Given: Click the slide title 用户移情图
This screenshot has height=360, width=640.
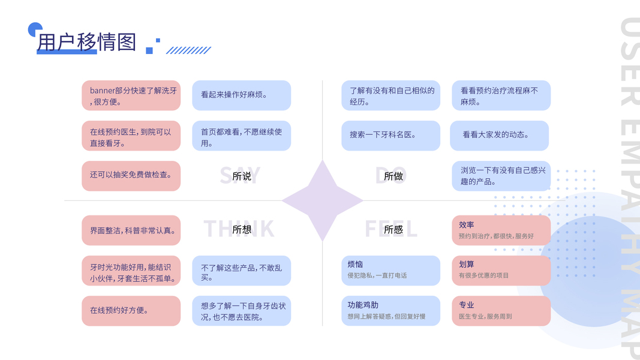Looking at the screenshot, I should coord(86,42).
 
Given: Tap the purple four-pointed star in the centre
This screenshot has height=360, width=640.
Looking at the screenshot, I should coord(322,200).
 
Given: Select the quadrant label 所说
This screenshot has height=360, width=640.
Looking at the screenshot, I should coord(242,176).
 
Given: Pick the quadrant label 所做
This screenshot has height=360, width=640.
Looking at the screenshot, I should coord(393,176).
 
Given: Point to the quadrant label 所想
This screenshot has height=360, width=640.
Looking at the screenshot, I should coord(242,229).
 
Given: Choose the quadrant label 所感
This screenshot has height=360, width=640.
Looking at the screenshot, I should coord(393,229).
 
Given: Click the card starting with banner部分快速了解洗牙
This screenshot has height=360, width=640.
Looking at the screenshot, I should coord(131,96).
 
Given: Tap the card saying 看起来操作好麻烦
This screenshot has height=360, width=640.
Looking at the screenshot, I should coord(241,95).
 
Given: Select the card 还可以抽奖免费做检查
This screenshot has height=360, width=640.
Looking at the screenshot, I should coord(131,175).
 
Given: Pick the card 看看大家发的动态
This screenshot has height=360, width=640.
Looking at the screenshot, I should coord(499,136).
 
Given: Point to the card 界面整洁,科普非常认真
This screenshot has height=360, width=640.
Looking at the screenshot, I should coord(131,230).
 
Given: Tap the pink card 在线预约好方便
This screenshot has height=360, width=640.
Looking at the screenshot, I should coord(131,311).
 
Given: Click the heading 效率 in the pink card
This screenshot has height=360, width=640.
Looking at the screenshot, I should coord(467,225).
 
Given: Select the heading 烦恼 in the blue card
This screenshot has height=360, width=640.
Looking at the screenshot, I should coord(355,265).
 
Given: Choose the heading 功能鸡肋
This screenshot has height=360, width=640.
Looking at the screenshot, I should coord(363,305).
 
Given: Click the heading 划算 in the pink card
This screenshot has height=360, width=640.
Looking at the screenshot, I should coord(467,265).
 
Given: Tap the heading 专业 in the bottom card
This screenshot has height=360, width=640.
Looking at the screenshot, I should coord(467,305).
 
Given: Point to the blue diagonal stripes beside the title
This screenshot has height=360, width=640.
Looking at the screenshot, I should coord(188,50).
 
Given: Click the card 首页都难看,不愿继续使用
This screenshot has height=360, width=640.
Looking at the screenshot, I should coord(241,136).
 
